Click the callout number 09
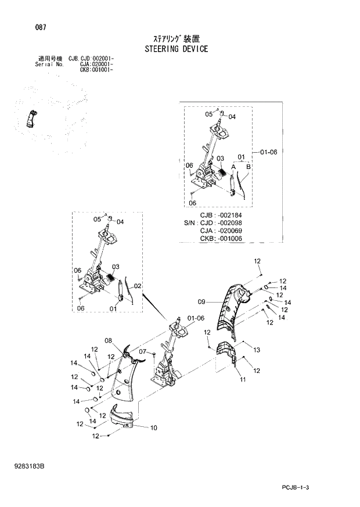[201, 301]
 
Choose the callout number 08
[108, 340]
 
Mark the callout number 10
[154, 428]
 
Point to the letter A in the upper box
[233, 166]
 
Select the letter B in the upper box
[248, 166]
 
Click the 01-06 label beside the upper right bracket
[269, 152]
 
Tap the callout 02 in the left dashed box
[138, 286]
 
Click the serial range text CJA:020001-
[96, 64]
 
